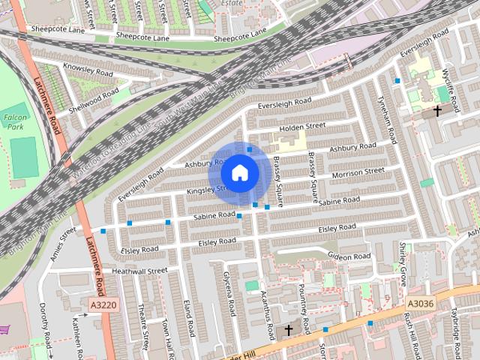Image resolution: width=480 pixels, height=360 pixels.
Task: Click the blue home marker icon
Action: coord(239,173)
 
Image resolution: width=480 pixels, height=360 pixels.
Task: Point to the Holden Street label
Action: coord(302,127)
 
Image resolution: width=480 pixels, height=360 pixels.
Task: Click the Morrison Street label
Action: coord(358,172)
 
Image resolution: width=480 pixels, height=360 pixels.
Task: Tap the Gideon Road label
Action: coord(349,256)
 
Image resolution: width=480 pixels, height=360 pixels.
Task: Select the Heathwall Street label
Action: coord(139,270)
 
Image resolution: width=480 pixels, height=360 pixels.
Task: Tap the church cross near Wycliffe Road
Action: coord(437,111)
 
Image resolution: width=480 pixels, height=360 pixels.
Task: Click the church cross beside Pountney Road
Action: coord(287,330)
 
